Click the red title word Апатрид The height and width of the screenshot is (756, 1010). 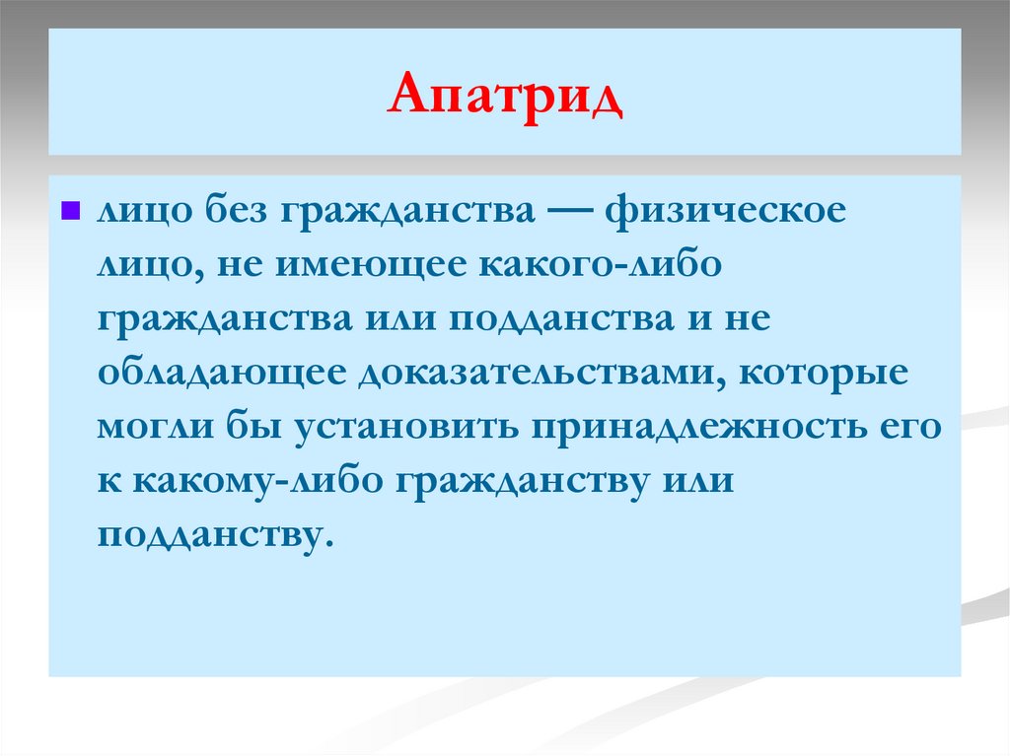pyautogui.click(x=505, y=97)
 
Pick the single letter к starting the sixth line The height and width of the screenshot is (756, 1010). pyautogui.click(x=107, y=483)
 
